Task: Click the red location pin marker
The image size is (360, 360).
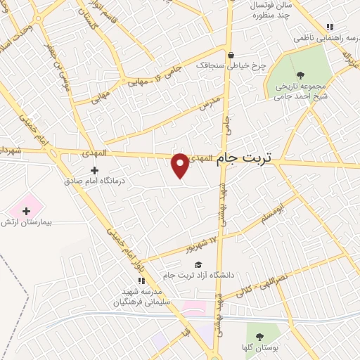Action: pos(181,166)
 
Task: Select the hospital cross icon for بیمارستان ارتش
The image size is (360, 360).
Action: pos(27,210)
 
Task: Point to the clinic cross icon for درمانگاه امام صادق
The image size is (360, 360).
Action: pos(94,169)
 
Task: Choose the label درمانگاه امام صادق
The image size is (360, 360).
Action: pos(94,181)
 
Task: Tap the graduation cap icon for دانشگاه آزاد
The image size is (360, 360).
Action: pos(190,264)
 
